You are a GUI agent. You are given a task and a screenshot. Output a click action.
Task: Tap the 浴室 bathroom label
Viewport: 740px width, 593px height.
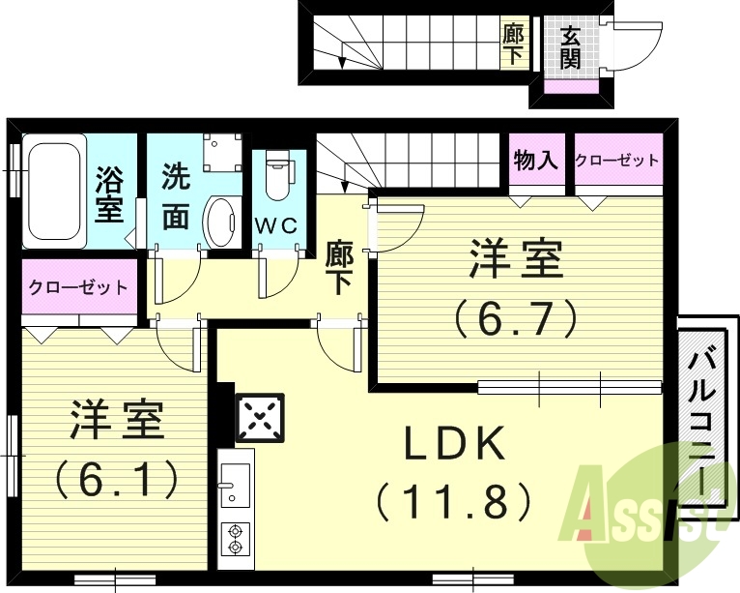(110, 193)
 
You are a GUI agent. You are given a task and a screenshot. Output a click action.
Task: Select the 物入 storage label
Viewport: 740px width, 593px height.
(536, 161)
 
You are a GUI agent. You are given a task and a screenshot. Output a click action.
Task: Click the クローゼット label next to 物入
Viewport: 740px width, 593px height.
(617, 161)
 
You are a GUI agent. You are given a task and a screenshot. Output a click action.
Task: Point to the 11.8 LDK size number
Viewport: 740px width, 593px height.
(453, 500)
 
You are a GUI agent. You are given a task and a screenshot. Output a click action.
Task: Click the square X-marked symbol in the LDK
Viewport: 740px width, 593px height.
(260, 418)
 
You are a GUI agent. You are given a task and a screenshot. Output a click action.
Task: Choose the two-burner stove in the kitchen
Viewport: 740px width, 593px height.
(235, 538)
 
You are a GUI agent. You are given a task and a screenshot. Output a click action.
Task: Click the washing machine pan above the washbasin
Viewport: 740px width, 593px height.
(222, 152)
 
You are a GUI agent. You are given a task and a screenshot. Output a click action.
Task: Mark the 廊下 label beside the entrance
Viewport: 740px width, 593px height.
(513, 44)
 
